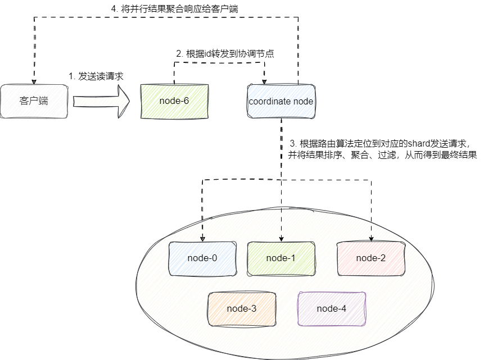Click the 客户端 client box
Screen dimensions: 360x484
coord(34,102)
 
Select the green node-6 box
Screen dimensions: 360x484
coord(174,102)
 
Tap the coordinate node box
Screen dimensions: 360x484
coord(281,102)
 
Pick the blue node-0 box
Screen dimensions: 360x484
coord(202,258)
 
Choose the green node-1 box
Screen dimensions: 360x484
coord(281,258)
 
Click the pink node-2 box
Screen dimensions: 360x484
coord(371,258)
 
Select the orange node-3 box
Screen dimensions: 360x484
coord(242,309)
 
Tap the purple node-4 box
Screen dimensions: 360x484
coord(332,309)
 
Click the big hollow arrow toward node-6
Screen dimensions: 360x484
coord(101,102)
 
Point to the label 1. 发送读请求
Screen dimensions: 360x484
coord(96,76)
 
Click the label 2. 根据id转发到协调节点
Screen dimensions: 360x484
coord(225,54)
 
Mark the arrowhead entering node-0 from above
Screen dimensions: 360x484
coord(202,238)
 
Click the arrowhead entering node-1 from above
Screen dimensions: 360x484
coord(281,238)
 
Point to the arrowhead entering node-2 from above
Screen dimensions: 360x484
coord(371,238)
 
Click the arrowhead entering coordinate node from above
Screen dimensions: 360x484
coord(265,80)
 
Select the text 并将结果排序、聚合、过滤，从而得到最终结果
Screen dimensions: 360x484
coord(382,154)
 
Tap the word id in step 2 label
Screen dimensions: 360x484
coord(209,54)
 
